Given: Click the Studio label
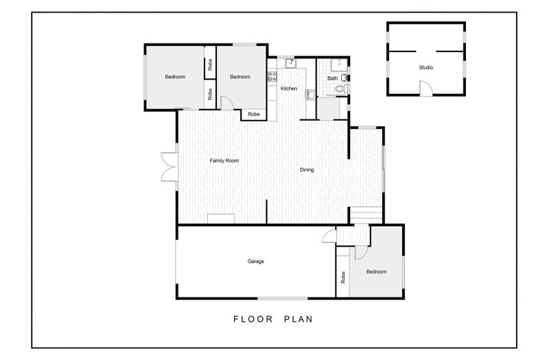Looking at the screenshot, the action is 425,67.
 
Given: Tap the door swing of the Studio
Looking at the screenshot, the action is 426,88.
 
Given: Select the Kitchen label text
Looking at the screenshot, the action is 289,88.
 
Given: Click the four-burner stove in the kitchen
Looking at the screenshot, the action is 272,76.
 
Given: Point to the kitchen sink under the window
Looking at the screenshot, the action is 291,63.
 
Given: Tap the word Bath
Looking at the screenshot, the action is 333,78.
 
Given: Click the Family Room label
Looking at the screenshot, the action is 224,160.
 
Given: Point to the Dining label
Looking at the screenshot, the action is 307,169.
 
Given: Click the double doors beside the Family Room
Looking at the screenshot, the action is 169,167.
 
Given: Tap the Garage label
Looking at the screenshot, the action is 255,261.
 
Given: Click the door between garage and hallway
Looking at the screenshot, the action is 329,236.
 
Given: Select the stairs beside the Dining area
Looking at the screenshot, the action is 366,215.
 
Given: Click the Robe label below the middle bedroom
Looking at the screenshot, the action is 254,114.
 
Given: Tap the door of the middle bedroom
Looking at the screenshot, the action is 227,104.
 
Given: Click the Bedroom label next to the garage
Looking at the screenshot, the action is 376,272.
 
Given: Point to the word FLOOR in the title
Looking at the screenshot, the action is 253,319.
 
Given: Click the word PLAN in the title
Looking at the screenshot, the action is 299,319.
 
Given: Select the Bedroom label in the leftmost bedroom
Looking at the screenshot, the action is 175,77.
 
